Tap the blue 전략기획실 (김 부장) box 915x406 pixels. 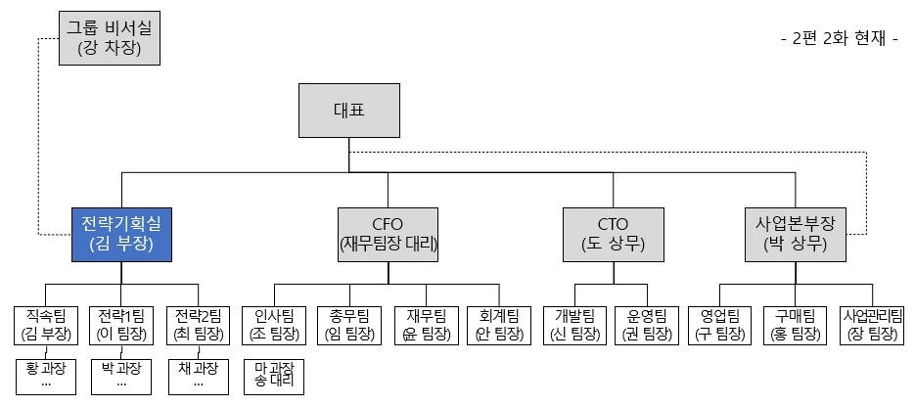click(x=122, y=234)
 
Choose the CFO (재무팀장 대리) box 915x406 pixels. click(x=388, y=234)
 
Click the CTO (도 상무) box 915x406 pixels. click(x=614, y=234)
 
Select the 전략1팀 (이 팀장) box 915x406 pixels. click(x=121, y=325)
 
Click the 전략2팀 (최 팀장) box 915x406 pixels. click(x=199, y=325)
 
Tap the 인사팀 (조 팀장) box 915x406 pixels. click(x=274, y=325)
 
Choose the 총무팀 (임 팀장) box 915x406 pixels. click(x=349, y=325)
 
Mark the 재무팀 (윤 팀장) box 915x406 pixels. click(x=426, y=325)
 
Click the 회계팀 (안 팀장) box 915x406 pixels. click(x=501, y=325)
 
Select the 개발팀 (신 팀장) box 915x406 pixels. click(x=574, y=325)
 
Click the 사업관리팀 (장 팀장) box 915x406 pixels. click(x=873, y=325)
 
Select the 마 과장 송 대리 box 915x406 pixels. click(x=274, y=377)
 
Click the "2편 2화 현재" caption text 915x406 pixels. click(x=840, y=39)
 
